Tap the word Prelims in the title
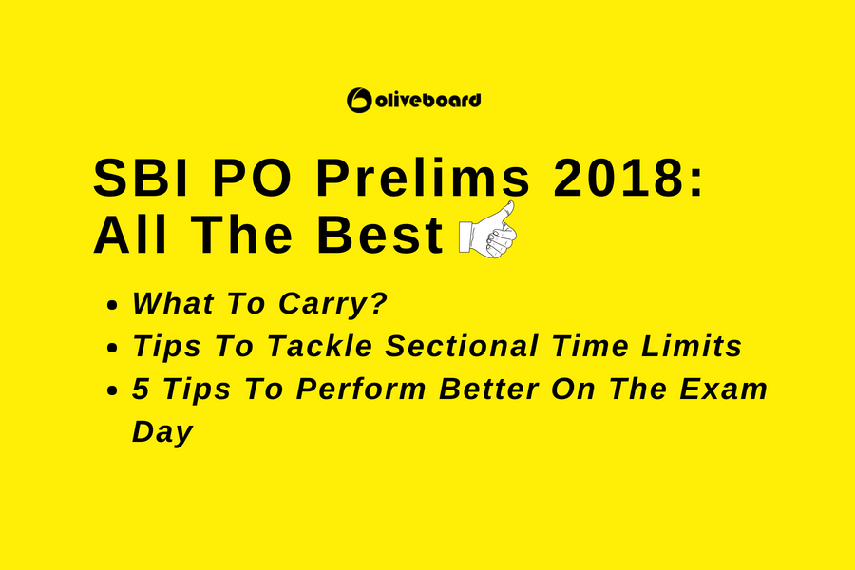tap(423, 178)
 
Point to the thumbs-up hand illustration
tap(487, 230)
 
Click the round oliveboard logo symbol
tap(359, 101)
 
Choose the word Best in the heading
tap(380, 235)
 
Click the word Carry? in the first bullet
tap(332, 304)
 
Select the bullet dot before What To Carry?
tap(112, 305)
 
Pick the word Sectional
tap(462, 346)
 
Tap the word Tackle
tap(319, 346)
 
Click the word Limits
tap(691, 346)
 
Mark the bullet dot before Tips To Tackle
tap(112, 348)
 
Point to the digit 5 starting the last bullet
tap(142, 389)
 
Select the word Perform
tap(361, 389)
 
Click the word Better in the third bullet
tap(489, 389)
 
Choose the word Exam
tap(724, 389)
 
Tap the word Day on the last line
tap(162, 432)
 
